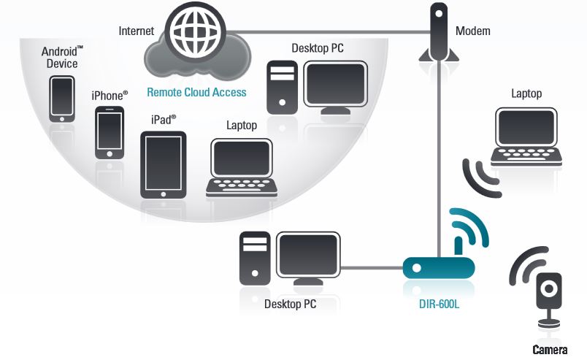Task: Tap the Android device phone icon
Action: coord(61,99)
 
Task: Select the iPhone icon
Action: coord(110,131)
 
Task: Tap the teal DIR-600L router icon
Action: coord(438,267)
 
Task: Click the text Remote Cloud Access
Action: coord(196,93)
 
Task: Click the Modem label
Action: coord(472,31)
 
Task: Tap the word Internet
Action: coord(137,31)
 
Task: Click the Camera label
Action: coord(549,350)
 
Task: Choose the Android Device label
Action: coord(61,57)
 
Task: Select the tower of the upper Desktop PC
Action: coord(281,86)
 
